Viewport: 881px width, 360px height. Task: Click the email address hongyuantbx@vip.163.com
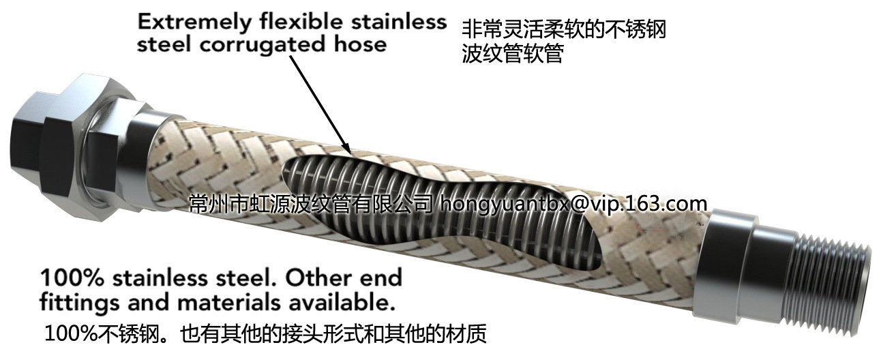pyautogui.click(x=573, y=202)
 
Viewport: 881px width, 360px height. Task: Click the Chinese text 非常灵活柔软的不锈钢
pyautogui.click(x=563, y=29)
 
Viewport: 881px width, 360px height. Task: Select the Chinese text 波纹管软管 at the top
pyautogui.click(x=512, y=54)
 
